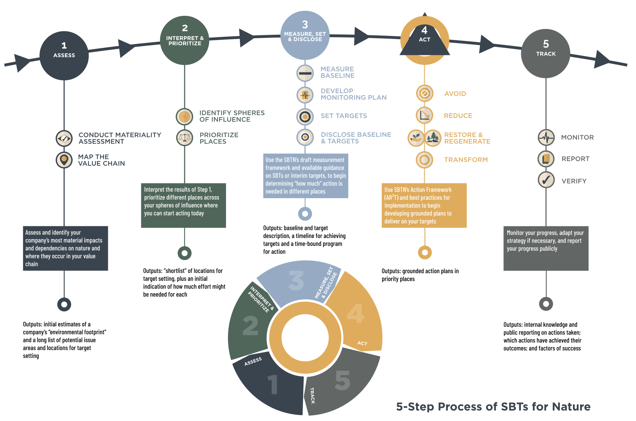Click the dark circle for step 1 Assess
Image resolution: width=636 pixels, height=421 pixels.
[64, 56]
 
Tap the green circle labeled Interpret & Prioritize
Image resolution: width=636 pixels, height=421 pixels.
[185, 40]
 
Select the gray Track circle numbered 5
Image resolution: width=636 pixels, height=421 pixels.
[546, 54]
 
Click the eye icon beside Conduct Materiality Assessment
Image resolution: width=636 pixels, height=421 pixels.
[64, 138]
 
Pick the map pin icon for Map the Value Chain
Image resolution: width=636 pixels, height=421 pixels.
[64, 160]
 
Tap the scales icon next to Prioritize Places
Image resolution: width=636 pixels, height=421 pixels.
[185, 138]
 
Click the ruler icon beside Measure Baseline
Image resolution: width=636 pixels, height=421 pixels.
[305, 73]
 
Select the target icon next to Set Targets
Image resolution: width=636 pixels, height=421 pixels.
[305, 116]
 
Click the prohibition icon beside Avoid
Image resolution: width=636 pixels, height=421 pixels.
[424, 93]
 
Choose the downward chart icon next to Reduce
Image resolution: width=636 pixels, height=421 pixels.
[424, 115]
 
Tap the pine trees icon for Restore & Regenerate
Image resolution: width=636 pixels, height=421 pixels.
[433, 138]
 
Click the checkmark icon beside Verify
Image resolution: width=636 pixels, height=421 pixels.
[546, 180]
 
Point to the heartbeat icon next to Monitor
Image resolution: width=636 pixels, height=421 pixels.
[546, 137]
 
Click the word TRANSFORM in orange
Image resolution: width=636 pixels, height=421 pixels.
[466, 160]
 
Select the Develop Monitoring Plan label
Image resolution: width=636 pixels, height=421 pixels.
[353, 94]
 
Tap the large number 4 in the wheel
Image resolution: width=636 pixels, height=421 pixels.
[355, 313]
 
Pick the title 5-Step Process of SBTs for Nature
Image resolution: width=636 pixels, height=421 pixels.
[493, 407]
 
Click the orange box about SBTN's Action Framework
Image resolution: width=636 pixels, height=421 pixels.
[424, 205]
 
